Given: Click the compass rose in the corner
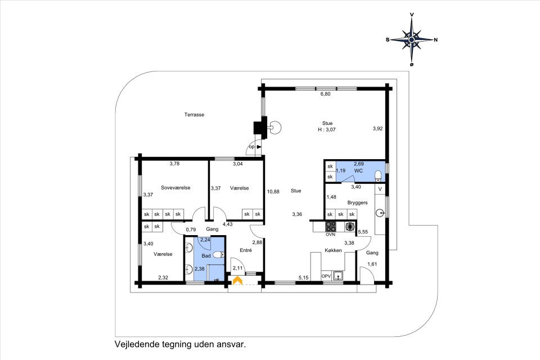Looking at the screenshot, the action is point(412,40).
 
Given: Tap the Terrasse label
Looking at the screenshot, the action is point(194,115).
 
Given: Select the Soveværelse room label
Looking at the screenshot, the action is point(175,188).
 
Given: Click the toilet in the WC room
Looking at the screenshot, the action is point(378,175).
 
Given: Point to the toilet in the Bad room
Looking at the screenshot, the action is point(218,255).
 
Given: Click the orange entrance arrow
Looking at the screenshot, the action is point(237,281).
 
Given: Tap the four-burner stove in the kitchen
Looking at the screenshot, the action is point(331,226).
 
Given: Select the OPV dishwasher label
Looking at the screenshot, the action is point(326,276).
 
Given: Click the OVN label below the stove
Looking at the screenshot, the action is point(331,235).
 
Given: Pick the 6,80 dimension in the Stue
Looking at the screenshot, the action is point(326,94).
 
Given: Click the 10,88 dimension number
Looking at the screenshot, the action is point(273,192).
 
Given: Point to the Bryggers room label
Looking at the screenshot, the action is point(358,202).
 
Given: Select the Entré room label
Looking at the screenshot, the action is point(246,250).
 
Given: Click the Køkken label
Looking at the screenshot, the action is point(334,250).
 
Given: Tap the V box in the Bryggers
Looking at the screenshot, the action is point(380,189).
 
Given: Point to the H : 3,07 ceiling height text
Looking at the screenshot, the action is point(327,130).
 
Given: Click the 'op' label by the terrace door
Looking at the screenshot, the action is point(252,147).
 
